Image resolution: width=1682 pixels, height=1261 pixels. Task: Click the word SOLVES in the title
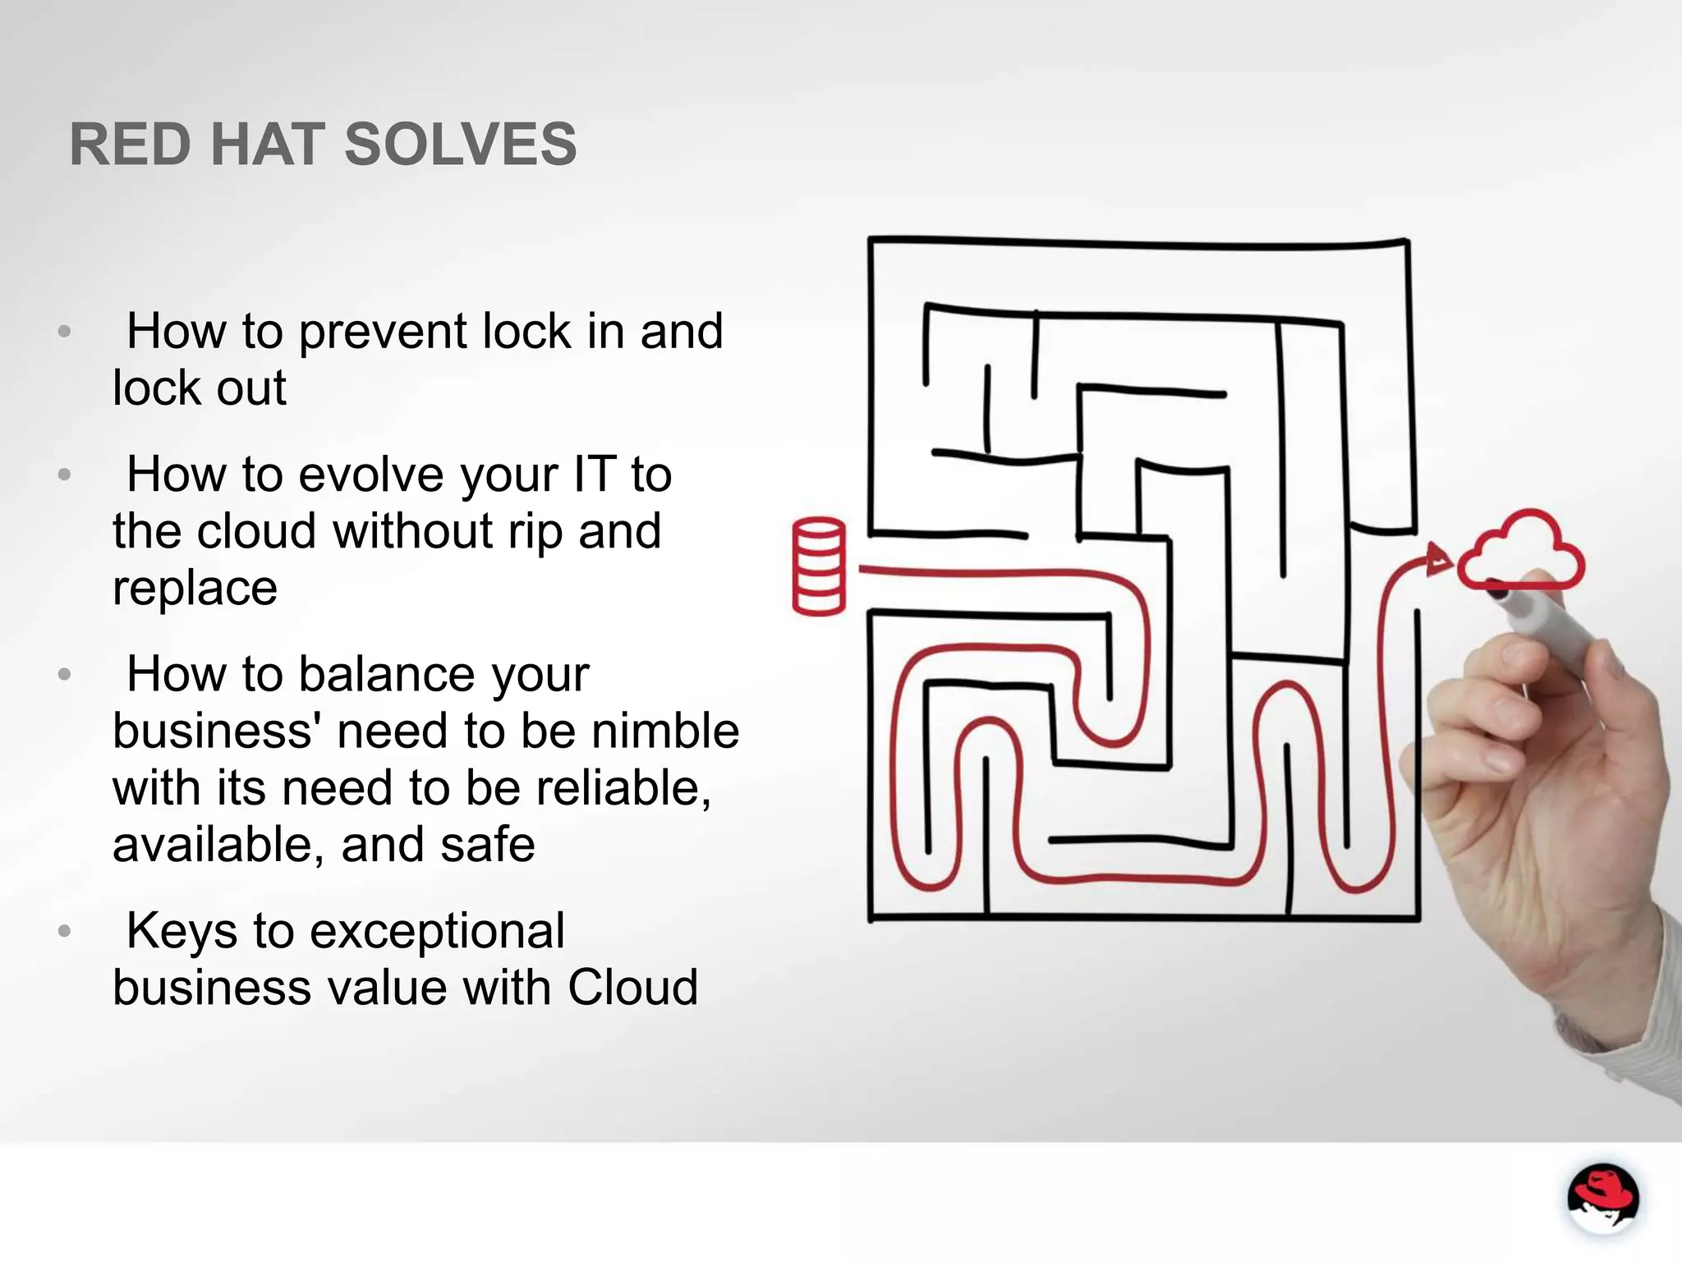pyautogui.click(x=460, y=144)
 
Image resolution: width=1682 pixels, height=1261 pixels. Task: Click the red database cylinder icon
pyautogui.click(x=819, y=566)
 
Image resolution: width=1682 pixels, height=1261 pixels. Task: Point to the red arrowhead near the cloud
pyautogui.click(x=1438, y=559)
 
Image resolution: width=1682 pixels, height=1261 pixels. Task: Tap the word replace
pyautogui.click(x=195, y=588)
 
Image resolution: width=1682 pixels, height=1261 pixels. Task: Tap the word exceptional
pyautogui.click(x=427, y=931)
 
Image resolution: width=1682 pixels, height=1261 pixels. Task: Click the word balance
pyautogui.click(x=386, y=675)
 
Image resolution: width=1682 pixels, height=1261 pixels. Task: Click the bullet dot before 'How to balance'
pyautogui.click(x=65, y=675)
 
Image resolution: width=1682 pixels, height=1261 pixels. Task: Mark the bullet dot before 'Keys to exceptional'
pyautogui.click(x=65, y=932)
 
